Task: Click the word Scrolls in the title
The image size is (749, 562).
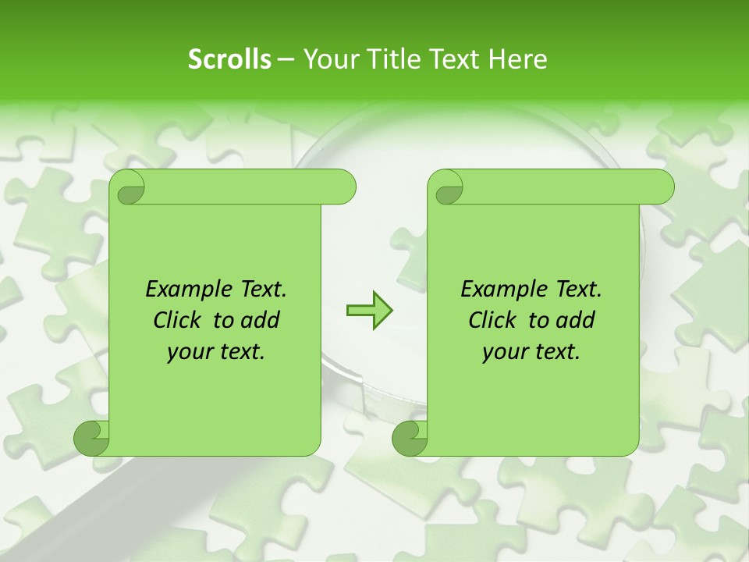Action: point(230,59)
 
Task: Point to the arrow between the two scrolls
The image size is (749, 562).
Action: point(369,311)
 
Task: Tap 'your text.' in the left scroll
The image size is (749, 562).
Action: point(216,352)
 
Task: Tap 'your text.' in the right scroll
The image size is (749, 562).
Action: point(531,352)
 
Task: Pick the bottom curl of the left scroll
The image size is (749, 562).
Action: point(91,439)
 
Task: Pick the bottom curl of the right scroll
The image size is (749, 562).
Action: point(409,439)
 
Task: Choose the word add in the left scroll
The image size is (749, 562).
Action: point(261,320)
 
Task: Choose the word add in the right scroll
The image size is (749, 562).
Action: point(576,320)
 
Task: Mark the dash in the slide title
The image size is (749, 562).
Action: point(286,59)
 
